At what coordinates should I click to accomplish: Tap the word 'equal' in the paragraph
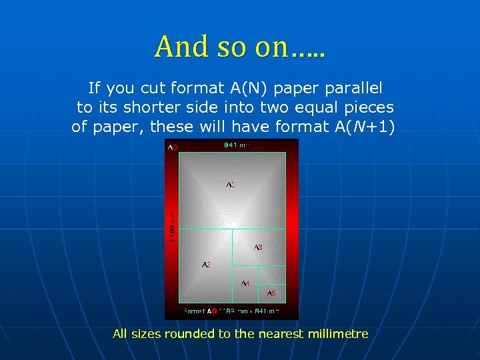pos(310,107)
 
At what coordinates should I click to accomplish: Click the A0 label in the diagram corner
pos(172,147)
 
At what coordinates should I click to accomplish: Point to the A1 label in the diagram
pos(230,184)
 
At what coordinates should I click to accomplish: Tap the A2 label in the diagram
pos(206,265)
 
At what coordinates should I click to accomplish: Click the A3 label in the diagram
pos(258,247)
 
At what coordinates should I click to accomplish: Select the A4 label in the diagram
pos(245,283)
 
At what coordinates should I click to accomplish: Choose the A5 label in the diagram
pos(271,293)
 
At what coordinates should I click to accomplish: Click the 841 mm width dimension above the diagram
pos(235,145)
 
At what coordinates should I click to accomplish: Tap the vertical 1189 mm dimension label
pos(173,227)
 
